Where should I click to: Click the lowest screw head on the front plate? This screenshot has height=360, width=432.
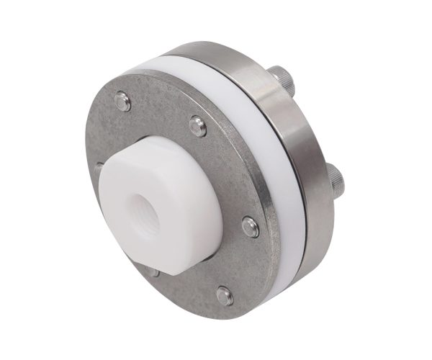pyautogui.click(x=225, y=294)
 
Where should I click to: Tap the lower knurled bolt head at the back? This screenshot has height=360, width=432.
pyautogui.click(x=336, y=178)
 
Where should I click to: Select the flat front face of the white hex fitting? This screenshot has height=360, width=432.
pyautogui.click(x=130, y=216)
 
